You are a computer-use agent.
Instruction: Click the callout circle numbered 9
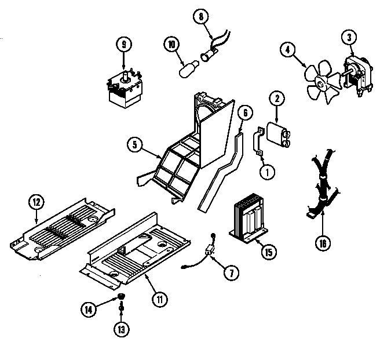(123, 43)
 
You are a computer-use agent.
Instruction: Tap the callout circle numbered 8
(200, 17)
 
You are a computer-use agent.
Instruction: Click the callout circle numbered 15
(269, 252)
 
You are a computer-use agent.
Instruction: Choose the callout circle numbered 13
(122, 330)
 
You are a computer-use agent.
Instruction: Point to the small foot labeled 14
(122, 298)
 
